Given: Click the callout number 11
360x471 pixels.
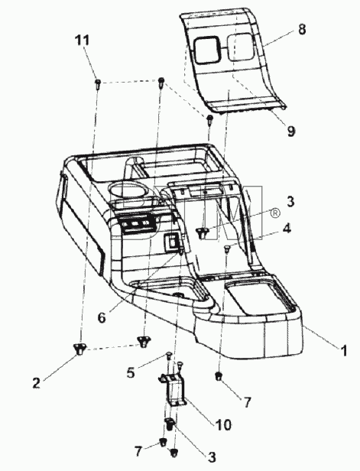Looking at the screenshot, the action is pyautogui.click(x=82, y=41).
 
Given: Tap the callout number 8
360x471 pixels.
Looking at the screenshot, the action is pyautogui.click(x=302, y=29).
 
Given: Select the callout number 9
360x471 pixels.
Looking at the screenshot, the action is pyautogui.click(x=291, y=131).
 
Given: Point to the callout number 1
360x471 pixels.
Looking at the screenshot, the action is pyautogui.click(x=343, y=350).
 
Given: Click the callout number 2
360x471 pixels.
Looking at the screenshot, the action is pyautogui.click(x=37, y=383).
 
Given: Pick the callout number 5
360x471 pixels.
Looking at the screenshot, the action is pyautogui.click(x=131, y=373).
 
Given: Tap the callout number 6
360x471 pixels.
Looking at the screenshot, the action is pyautogui.click(x=102, y=317).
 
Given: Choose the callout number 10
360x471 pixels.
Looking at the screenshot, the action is pyautogui.click(x=223, y=425).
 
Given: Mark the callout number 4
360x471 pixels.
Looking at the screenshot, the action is pyautogui.click(x=287, y=229).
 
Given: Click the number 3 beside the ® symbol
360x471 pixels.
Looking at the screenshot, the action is pyautogui.click(x=290, y=202).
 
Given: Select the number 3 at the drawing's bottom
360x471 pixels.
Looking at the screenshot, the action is pyautogui.click(x=212, y=457).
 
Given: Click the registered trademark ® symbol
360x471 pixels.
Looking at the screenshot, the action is pyautogui.click(x=275, y=213).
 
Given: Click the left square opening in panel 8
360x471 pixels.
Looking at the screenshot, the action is pyautogui.click(x=206, y=50).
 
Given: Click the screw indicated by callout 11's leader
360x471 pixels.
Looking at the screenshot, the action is pyautogui.click(x=98, y=83).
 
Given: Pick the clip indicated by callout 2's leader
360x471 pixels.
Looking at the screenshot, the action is pyautogui.click(x=79, y=349).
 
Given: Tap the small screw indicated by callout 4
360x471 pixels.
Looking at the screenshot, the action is pyautogui.click(x=227, y=248).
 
